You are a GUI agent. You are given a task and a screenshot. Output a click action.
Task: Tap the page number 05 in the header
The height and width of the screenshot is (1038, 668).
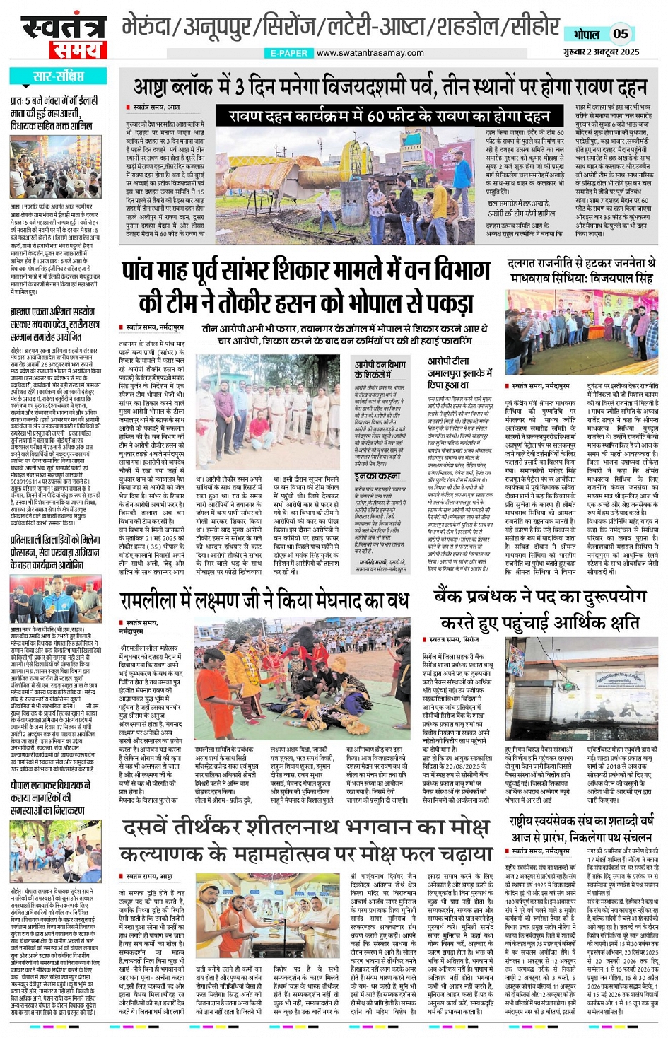pyautogui.click(x=620, y=33)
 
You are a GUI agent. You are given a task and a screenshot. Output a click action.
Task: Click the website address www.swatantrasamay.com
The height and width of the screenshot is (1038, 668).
pyautogui.click(x=370, y=53)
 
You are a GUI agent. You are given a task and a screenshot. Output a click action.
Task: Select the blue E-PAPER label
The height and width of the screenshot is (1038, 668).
pyautogui.click(x=289, y=53)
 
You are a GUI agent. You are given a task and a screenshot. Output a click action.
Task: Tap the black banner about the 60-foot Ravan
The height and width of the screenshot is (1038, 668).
pyautogui.click(x=382, y=115)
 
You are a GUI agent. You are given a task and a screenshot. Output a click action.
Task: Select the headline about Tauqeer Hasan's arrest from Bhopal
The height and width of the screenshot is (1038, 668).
pyautogui.click(x=306, y=286)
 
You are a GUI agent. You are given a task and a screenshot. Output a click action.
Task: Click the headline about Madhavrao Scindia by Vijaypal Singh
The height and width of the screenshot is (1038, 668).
pyautogui.click(x=580, y=270)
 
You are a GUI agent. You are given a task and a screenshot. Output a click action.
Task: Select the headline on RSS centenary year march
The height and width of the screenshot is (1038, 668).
pyautogui.click(x=580, y=830)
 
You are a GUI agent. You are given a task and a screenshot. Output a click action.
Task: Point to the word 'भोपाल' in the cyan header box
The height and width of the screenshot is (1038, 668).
pyautogui.click(x=586, y=34)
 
